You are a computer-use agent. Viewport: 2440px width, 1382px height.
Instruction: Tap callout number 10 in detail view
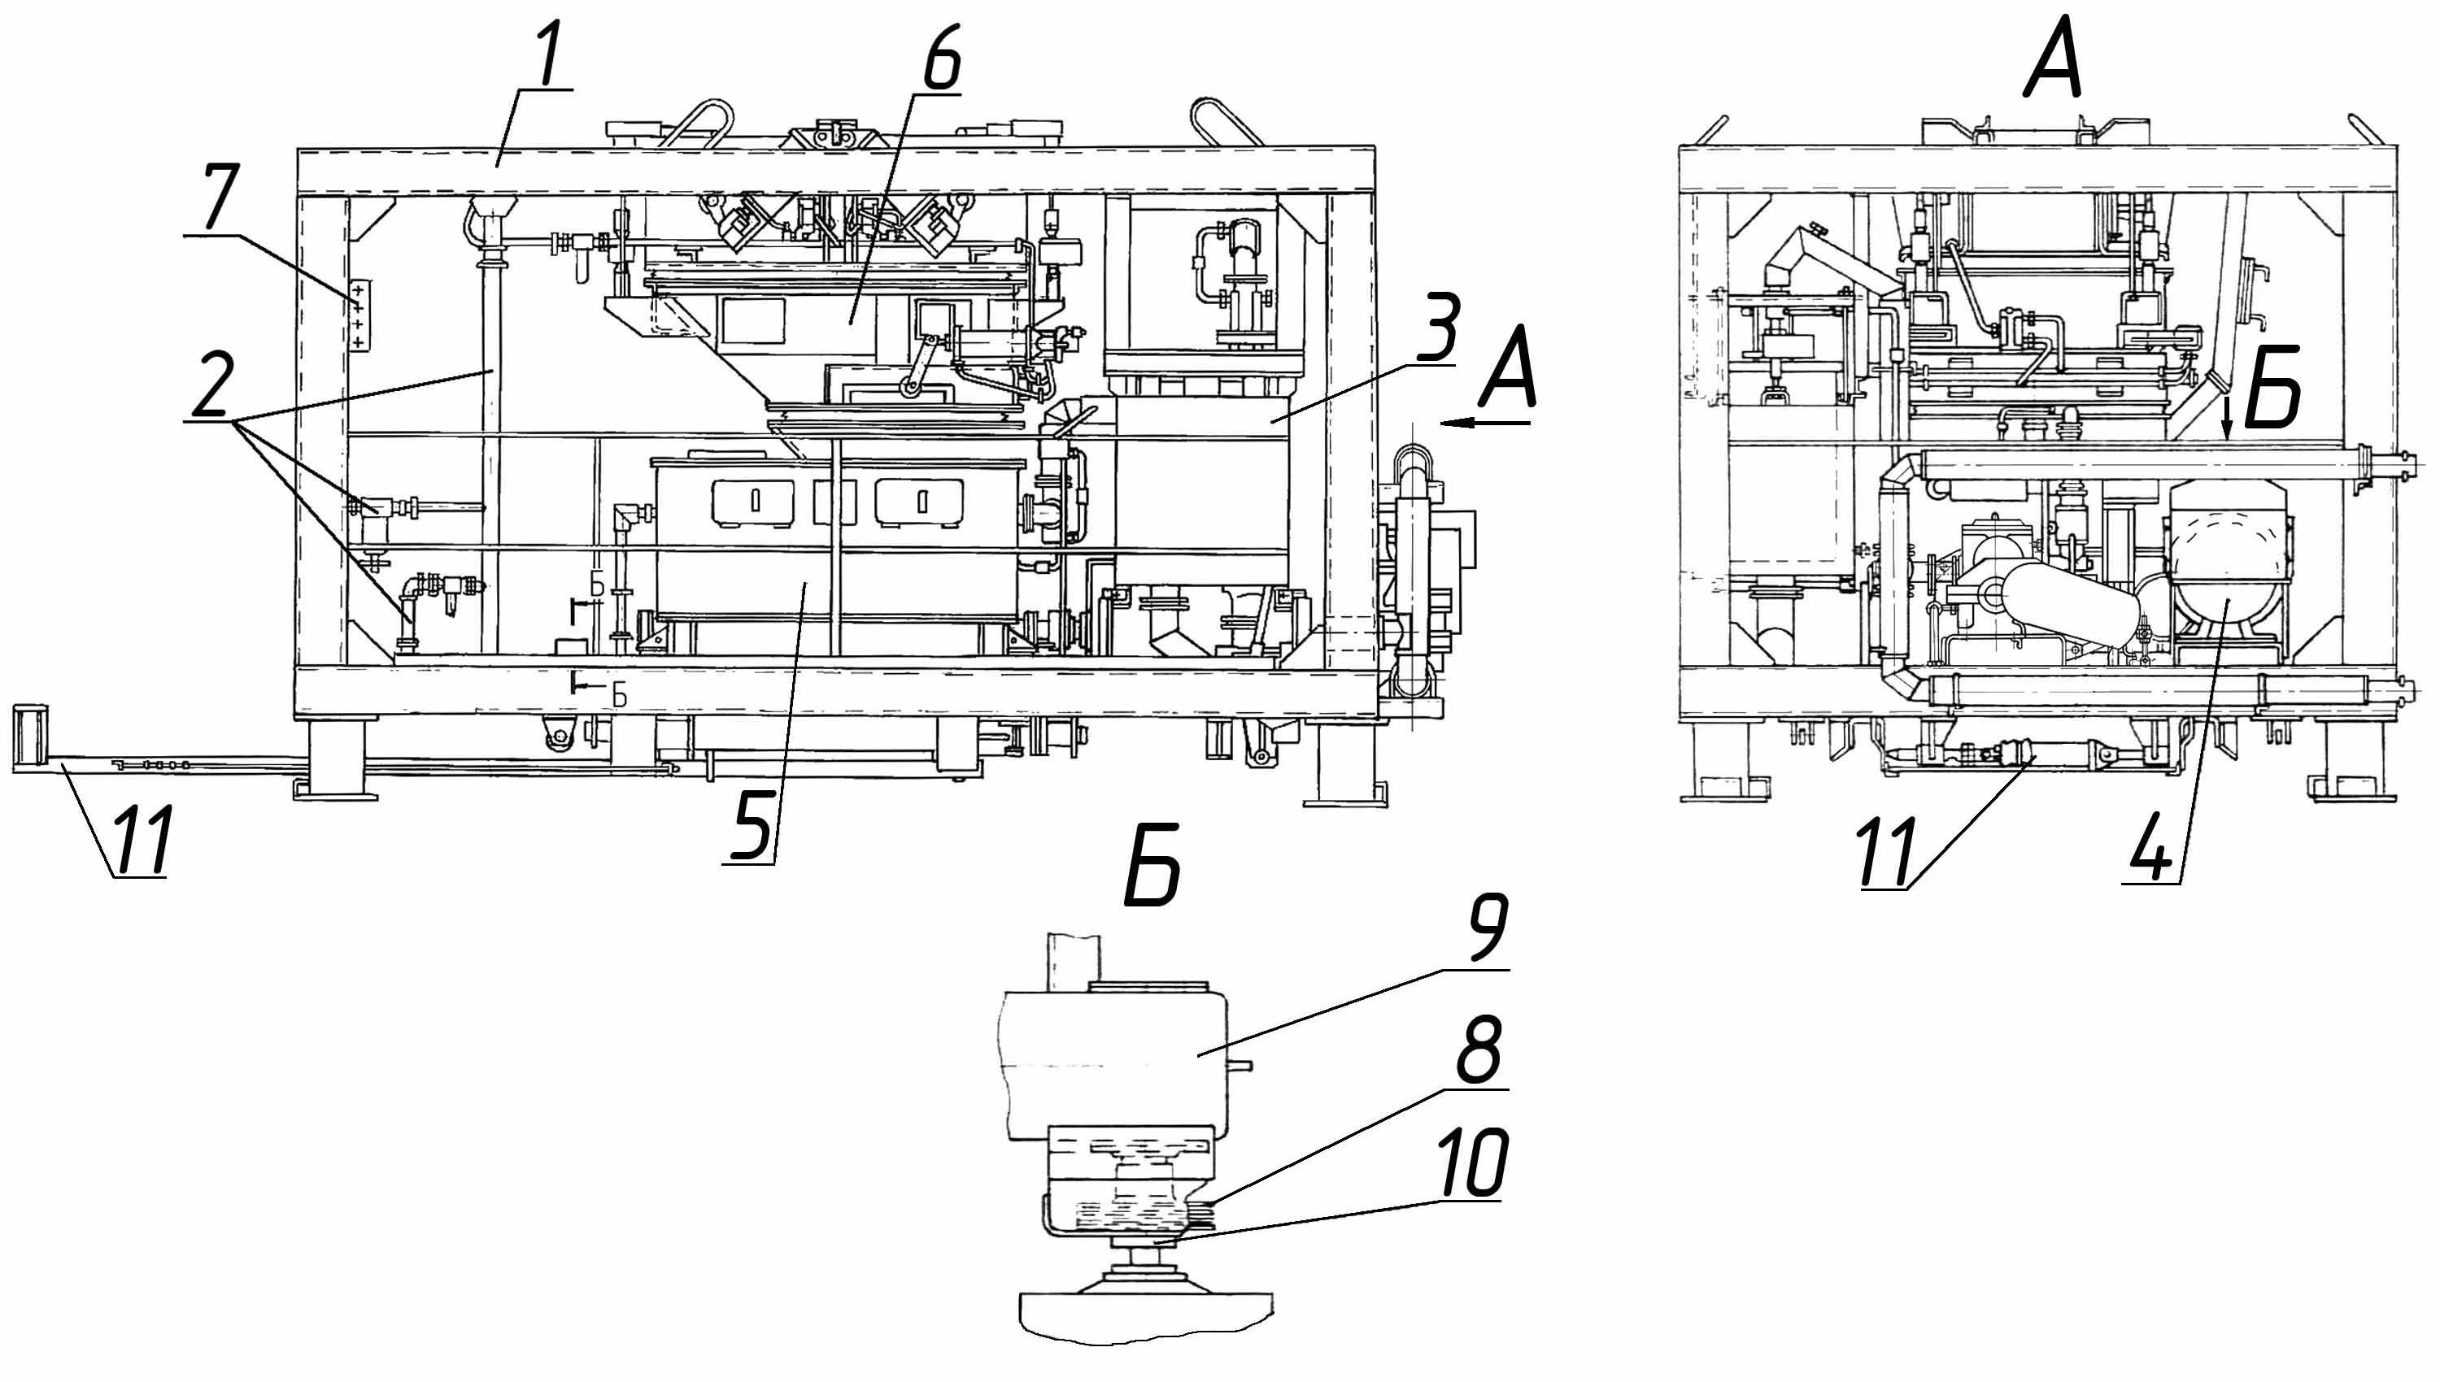[x=1471, y=1163]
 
